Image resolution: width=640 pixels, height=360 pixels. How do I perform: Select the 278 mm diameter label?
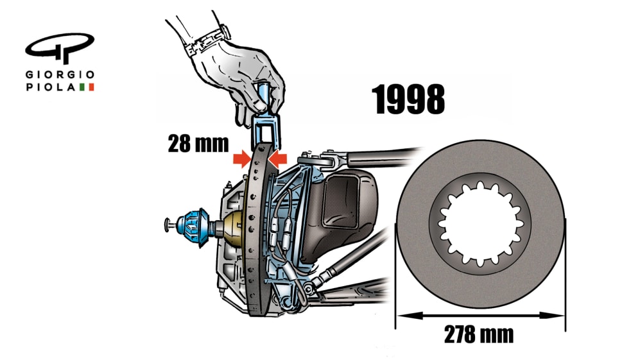pos(478,335)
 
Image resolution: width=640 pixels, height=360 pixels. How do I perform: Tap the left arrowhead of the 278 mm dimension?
pos(402,315)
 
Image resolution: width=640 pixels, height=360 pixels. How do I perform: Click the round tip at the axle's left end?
pos(168,224)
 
